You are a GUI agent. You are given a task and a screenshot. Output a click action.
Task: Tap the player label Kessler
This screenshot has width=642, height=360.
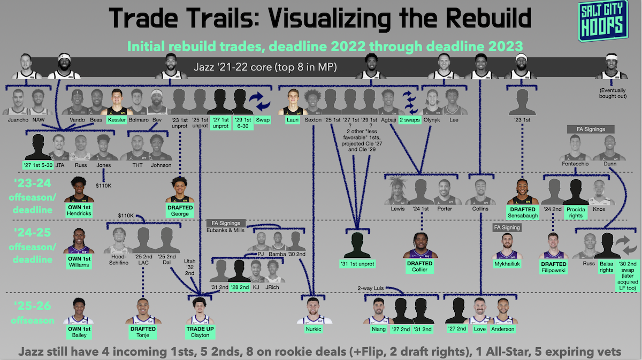tap(116, 120)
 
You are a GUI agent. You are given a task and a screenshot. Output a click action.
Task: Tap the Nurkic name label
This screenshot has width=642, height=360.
tap(314, 328)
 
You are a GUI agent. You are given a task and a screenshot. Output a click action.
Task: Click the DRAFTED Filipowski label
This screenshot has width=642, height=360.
tap(553, 267)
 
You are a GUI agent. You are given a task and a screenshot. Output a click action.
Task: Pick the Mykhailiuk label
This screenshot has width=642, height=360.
tap(506, 263)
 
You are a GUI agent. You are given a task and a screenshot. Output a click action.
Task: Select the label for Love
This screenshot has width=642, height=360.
tap(479, 328)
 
